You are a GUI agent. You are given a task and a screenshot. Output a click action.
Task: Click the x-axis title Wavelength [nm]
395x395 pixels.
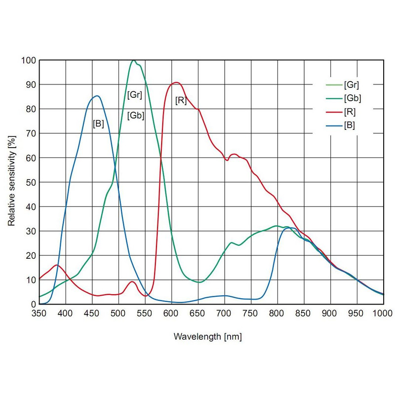[x=207, y=337]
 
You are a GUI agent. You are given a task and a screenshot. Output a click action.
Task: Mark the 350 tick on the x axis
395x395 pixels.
[x=39, y=313]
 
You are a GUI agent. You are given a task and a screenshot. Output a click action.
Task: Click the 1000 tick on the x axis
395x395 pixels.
[x=383, y=313]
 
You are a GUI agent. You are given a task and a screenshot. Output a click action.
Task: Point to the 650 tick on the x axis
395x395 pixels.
[x=198, y=313]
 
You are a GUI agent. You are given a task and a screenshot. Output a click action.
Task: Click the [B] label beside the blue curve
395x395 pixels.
[x=98, y=123]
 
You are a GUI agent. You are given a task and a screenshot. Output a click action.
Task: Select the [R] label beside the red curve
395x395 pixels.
[x=181, y=101]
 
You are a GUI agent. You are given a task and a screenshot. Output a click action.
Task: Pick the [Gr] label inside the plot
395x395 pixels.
[x=135, y=95]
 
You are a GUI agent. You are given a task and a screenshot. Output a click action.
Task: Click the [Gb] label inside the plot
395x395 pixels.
[x=136, y=116]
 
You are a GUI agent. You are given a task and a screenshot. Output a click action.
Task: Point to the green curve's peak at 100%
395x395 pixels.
[x=133, y=60]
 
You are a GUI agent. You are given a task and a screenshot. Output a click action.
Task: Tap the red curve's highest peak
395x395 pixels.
[x=176, y=82]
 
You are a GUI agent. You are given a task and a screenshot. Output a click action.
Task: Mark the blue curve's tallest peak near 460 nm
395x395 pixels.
[x=97, y=96]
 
